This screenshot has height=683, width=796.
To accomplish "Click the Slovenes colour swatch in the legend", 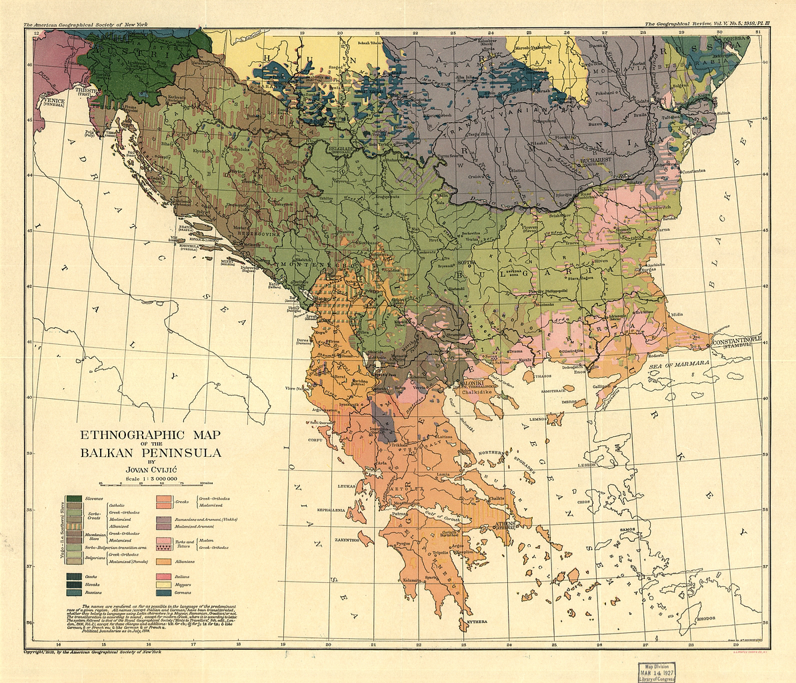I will tap(74, 499).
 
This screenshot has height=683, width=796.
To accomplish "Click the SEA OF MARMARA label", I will tap(667, 367).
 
